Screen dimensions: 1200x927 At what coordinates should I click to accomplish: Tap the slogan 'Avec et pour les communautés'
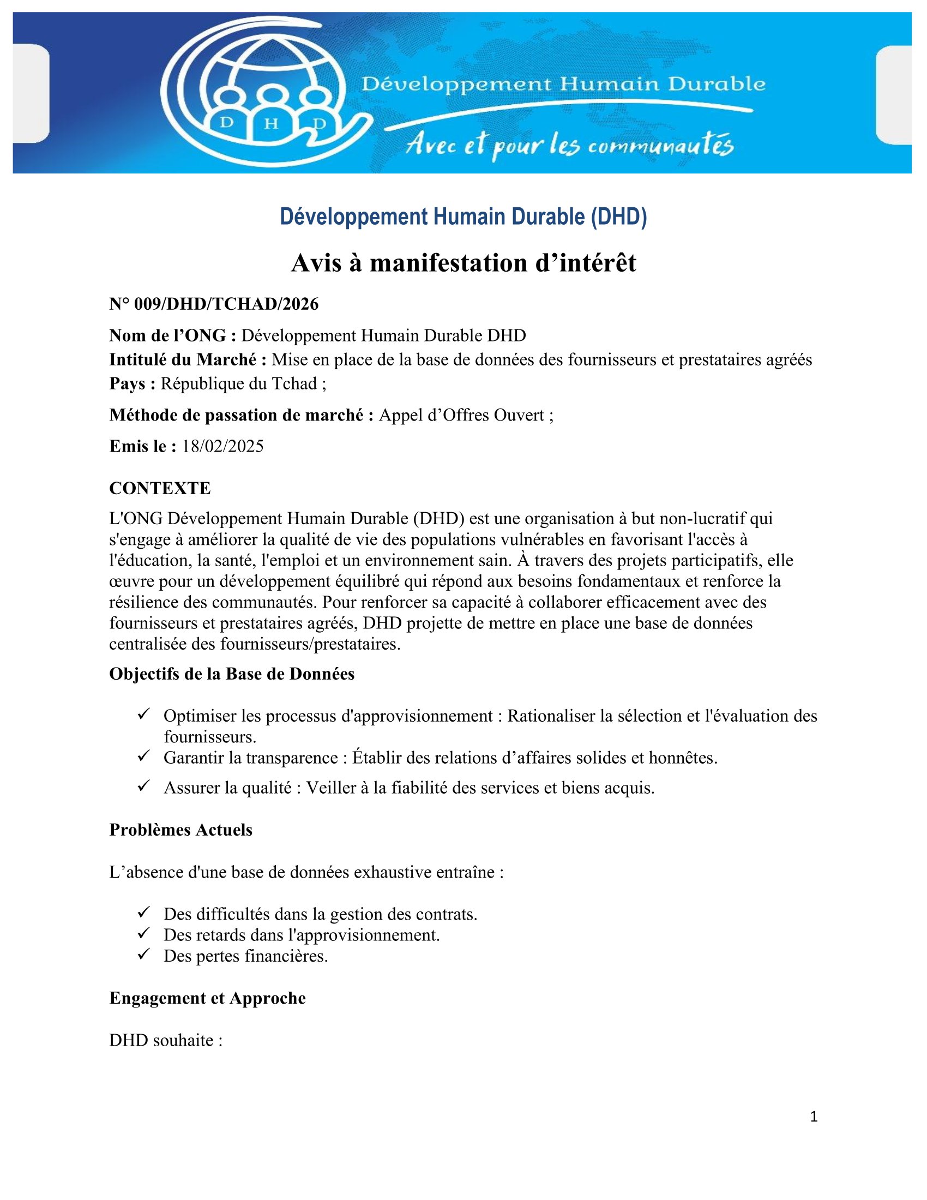coord(569,146)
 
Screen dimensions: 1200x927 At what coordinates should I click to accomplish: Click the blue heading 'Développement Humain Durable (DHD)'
coord(463,217)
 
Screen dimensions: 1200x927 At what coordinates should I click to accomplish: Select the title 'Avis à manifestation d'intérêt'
coord(463,263)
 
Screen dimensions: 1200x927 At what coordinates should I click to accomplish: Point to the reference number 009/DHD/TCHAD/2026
coord(214,304)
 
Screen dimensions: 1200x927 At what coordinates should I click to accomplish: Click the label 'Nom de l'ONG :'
coord(172,335)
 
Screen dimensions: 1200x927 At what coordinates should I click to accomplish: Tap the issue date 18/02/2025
coord(222,446)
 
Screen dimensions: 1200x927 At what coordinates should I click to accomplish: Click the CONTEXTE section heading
coord(160,488)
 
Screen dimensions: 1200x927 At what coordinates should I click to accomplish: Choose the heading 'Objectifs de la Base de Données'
coord(232,674)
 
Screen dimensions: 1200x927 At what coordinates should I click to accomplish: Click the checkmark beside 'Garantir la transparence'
coord(144,757)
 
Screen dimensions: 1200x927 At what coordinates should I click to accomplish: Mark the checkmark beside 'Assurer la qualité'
coord(144,787)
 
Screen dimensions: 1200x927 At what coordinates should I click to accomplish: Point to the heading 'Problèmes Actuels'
coord(180,830)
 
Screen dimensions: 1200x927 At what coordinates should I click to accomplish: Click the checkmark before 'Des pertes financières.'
coord(144,956)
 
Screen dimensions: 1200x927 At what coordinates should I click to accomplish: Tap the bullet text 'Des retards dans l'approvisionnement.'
coord(302,934)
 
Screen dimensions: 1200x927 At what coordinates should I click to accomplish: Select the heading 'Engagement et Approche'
coord(207,998)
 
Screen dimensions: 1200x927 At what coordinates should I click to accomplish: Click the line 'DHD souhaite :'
coord(165,1040)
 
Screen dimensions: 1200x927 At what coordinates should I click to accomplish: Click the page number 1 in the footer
coord(814,1117)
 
